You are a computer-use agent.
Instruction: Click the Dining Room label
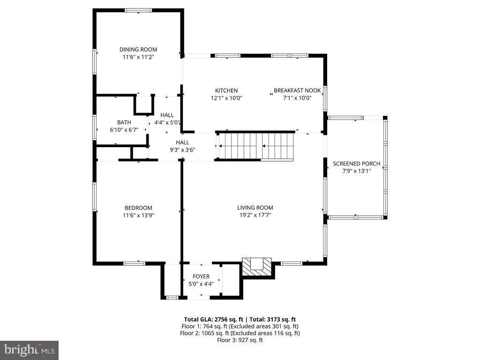click(138, 49)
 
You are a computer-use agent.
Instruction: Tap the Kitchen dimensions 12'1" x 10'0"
click(226, 98)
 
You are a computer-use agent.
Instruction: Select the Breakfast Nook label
click(297, 90)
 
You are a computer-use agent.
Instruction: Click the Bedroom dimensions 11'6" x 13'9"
click(138, 216)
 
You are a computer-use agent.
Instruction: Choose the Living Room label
click(255, 208)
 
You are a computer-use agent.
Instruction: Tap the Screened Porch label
click(357, 164)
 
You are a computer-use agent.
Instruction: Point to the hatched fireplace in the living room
click(257, 267)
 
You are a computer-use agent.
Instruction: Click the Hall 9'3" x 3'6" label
click(182, 142)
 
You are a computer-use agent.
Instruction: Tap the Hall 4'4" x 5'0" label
click(167, 115)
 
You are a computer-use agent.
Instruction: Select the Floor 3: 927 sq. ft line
click(240, 340)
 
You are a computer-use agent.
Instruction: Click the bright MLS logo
click(29, 350)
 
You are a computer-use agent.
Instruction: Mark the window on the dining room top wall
click(138, 10)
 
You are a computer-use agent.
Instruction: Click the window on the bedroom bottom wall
click(135, 263)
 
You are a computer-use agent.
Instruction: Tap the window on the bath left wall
click(95, 127)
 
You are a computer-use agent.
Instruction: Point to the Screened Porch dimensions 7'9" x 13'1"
click(357, 171)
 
